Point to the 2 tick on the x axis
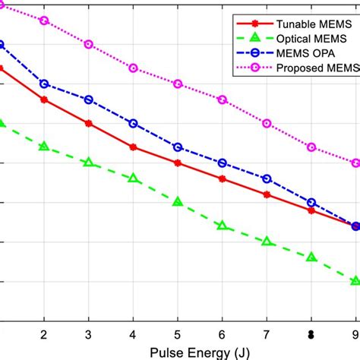pos(44,333)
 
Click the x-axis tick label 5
pos(178,333)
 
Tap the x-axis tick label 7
pos(267,333)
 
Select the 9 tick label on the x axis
pos(355,333)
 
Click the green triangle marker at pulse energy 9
pos(355,281)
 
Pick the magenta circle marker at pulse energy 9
pos(355,163)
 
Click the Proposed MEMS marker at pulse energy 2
pos(44,21)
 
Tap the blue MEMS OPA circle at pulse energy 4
pos(133,123)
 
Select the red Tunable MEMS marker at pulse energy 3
pos(89,123)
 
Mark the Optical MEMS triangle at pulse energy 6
pos(222,226)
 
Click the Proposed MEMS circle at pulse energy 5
pos(178,84)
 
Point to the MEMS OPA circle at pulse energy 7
pos(267,178)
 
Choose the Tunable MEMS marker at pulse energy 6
pos(222,178)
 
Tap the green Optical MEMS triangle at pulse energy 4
pos(133,178)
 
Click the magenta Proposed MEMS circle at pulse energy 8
pos(311,147)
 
